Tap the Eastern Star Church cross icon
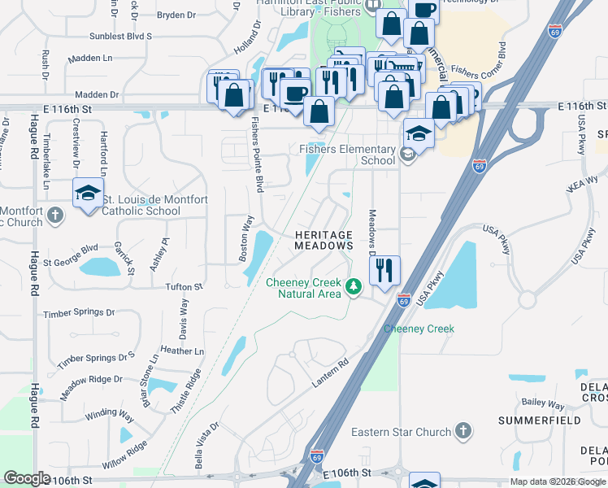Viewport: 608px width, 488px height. (x=463, y=431)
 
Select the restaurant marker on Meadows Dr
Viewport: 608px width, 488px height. (x=385, y=269)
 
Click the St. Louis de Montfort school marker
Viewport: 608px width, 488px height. (x=88, y=194)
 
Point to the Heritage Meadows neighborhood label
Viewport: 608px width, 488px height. (x=324, y=239)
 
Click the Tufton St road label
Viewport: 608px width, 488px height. (x=185, y=287)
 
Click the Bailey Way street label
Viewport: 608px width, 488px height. (x=544, y=403)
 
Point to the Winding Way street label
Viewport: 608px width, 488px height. (x=109, y=414)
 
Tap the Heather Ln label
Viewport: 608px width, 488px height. (x=183, y=351)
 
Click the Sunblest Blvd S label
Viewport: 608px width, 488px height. (x=121, y=37)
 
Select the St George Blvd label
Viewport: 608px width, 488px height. (x=71, y=255)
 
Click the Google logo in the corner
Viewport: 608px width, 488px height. (x=27, y=478)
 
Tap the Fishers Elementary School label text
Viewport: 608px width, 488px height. (x=347, y=155)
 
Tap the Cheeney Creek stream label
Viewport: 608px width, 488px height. (x=418, y=329)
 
